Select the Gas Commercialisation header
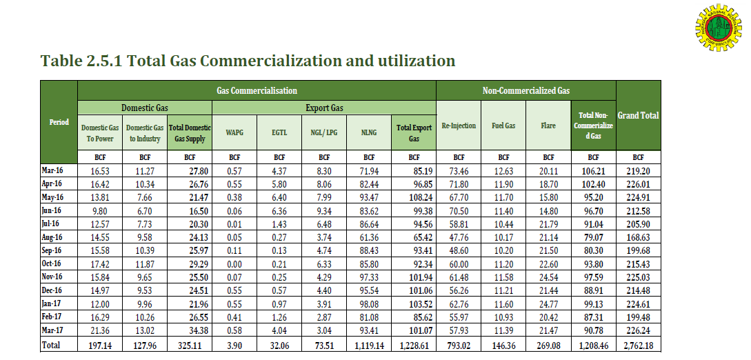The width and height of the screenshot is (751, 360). pyautogui.click(x=257, y=90)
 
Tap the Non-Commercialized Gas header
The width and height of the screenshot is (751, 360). pyautogui.click(x=525, y=90)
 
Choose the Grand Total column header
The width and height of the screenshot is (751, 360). pyautogui.click(x=638, y=115)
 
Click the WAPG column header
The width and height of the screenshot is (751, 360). pyautogui.click(x=235, y=128)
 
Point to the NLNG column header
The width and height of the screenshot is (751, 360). pyautogui.click(x=369, y=128)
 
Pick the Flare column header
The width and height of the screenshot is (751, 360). pyautogui.click(x=548, y=126)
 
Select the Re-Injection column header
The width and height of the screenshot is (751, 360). pyautogui.click(x=459, y=126)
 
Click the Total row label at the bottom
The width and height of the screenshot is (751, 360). pyautogui.click(x=51, y=344)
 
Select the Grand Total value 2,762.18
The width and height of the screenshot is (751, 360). pyautogui.click(x=638, y=344)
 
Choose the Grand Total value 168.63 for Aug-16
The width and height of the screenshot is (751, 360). pyautogui.click(x=638, y=237)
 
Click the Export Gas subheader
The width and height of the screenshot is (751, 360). pyautogui.click(x=324, y=108)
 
